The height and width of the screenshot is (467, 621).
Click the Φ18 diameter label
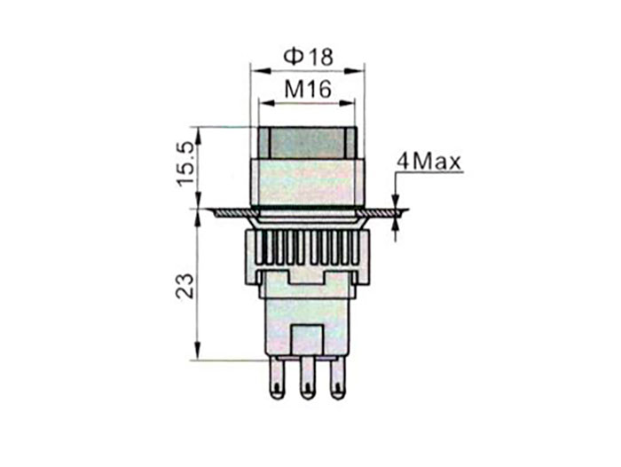(x=308, y=56)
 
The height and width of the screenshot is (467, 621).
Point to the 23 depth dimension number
(x=185, y=284)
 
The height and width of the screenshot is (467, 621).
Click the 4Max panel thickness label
(x=428, y=162)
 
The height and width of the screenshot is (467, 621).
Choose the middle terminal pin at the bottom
(x=307, y=376)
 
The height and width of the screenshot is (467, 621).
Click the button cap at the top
(x=306, y=142)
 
